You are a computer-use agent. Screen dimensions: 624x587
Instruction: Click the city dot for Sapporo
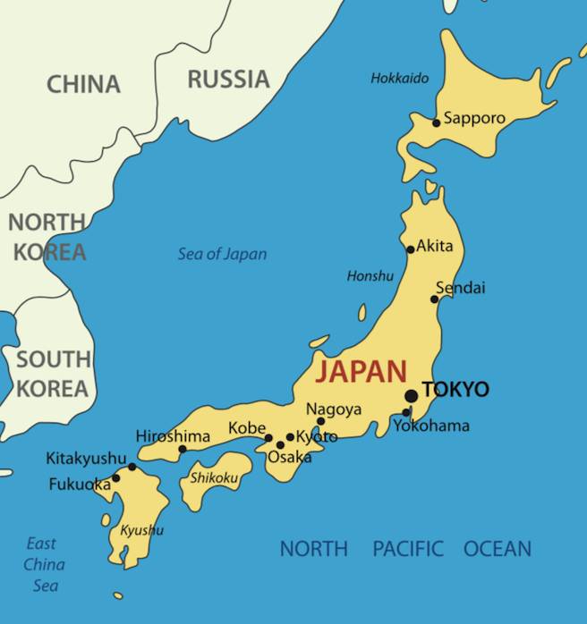(x=437, y=122)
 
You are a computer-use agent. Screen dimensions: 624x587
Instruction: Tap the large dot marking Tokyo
(x=411, y=395)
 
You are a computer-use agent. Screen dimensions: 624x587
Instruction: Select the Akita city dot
(x=411, y=249)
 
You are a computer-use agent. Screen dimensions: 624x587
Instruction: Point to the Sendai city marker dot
(x=435, y=299)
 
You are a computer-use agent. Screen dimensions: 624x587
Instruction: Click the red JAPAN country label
(x=362, y=371)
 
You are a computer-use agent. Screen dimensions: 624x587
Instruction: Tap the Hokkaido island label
(x=399, y=79)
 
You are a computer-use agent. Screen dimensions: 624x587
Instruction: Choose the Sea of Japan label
(x=222, y=254)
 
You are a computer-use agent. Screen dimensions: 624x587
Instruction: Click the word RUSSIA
(x=228, y=80)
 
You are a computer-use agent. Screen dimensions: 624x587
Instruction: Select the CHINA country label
(x=83, y=85)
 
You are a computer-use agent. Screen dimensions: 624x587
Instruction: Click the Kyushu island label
(x=141, y=530)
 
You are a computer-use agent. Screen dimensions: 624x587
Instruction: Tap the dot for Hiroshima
(x=183, y=450)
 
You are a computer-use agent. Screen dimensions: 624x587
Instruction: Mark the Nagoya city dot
(x=321, y=421)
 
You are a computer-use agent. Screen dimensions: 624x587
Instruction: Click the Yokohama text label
(x=431, y=426)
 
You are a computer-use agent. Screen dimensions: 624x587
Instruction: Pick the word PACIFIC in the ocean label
(x=408, y=549)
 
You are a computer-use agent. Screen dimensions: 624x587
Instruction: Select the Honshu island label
(x=370, y=276)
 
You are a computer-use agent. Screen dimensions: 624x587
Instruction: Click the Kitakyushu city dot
(x=132, y=467)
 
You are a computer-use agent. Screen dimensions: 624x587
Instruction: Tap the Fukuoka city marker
(x=115, y=478)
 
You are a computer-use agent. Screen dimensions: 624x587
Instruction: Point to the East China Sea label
(x=43, y=564)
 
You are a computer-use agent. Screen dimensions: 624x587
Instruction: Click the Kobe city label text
(x=247, y=428)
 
